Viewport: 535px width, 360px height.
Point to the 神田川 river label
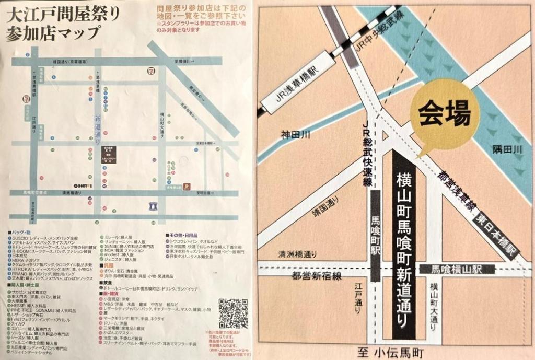click(296, 135)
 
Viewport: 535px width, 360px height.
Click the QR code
click(233, 313)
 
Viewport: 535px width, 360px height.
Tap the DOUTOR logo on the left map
click(81, 185)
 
